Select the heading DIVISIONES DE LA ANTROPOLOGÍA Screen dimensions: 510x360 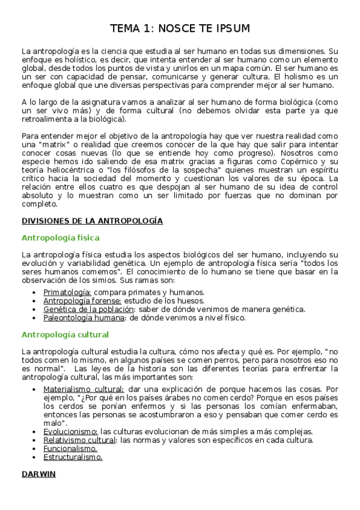(x=92, y=221)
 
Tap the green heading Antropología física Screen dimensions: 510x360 (x=60, y=238)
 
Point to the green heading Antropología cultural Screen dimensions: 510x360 (x=65, y=334)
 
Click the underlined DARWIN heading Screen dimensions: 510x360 (x=38, y=474)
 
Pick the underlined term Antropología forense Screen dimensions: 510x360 (x=82, y=301)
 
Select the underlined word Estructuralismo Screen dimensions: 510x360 (x=73, y=456)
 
